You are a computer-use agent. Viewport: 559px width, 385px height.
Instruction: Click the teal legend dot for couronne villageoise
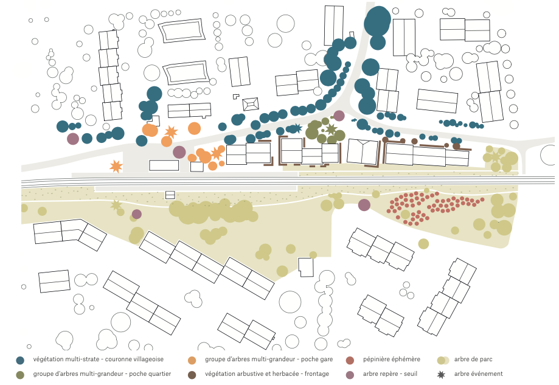[21, 360]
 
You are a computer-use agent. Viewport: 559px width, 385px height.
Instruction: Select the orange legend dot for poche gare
[192, 360]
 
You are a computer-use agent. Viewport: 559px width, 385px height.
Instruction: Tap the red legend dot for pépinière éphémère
[350, 360]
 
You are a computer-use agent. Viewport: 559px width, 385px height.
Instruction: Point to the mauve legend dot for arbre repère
[350, 374]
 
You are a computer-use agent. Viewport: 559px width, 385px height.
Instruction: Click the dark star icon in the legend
[442, 374]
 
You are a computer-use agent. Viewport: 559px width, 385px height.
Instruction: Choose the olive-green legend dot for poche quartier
[21, 374]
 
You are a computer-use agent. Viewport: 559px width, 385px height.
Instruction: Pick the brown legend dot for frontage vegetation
[192, 374]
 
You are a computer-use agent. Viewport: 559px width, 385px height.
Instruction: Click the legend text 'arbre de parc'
[473, 359]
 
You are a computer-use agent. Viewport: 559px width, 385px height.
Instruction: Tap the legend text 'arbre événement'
[478, 373]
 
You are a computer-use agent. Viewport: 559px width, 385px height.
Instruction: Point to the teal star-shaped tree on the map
[297, 128]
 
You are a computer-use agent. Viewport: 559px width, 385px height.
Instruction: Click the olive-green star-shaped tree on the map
[330, 129]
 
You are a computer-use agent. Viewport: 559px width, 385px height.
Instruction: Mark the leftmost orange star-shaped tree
[116, 166]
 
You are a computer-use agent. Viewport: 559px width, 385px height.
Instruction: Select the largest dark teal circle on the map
[377, 22]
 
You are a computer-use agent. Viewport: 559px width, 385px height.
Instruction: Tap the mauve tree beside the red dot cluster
[364, 205]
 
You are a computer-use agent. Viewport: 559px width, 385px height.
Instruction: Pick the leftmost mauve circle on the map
[73, 139]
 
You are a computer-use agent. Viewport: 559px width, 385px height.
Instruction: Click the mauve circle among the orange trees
[179, 152]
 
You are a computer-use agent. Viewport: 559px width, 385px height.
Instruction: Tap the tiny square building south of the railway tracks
[170, 195]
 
